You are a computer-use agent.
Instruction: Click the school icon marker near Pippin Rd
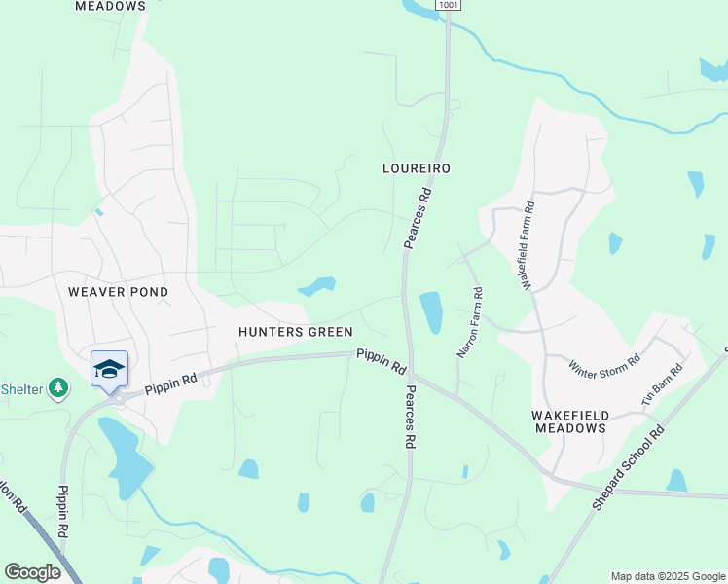coord(109,370)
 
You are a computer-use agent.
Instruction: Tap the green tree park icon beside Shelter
coord(59,389)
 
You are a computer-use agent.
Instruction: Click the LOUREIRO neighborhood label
coord(416,168)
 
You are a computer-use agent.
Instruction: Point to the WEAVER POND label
coord(118,292)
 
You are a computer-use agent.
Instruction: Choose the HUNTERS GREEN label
coord(296,332)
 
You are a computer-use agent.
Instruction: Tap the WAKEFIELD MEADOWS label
coord(569,421)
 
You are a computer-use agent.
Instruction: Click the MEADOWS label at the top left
coord(110,6)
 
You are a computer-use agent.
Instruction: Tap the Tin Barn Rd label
coord(662,384)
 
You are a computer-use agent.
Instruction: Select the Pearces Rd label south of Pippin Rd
coord(410,417)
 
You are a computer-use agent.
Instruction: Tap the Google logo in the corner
coord(32,572)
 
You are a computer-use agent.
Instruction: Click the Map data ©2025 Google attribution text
coord(667,576)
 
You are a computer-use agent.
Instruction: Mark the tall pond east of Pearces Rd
coord(431,311)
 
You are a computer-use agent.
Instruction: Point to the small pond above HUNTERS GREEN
coord(317,286)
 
